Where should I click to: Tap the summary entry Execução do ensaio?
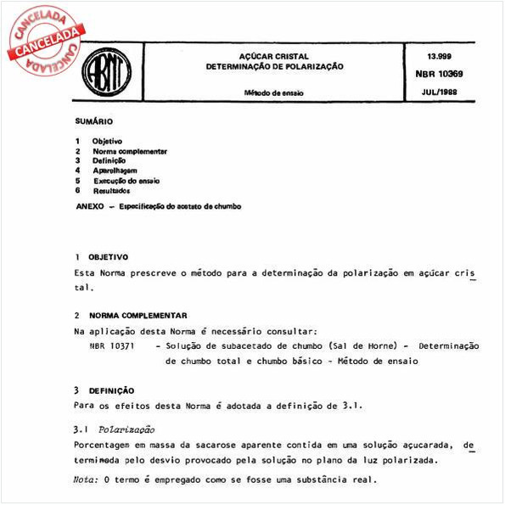tap(126, 181)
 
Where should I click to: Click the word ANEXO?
tap(90, 205)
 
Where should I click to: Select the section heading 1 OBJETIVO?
tap(101, 256)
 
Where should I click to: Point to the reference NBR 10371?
tap(107, 345)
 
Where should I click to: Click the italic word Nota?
tap(85, 480)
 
